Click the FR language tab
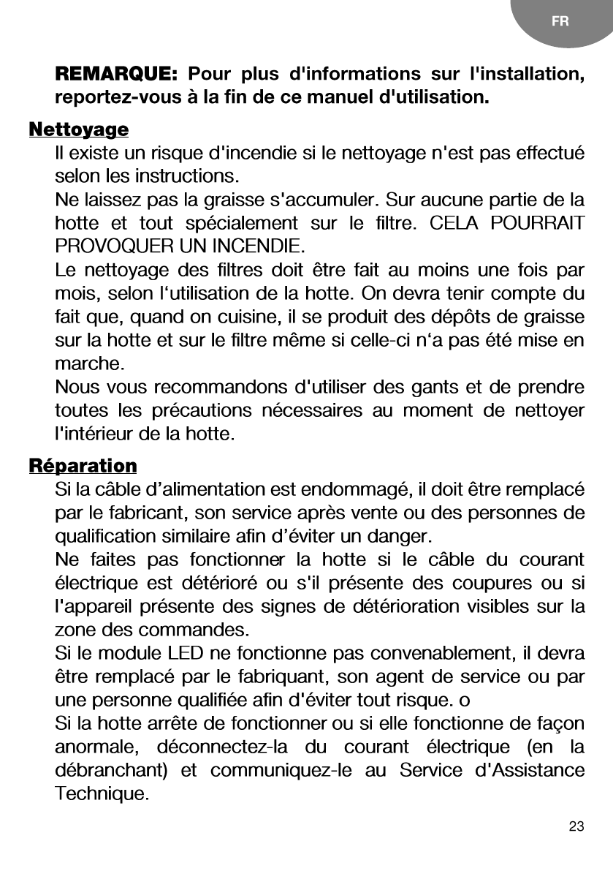pos(560,21)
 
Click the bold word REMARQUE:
pos(116,75)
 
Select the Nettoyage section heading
pos(78,130)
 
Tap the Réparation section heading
pos(83,466)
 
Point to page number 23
pos(576,827)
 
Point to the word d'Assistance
pos(528,771)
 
